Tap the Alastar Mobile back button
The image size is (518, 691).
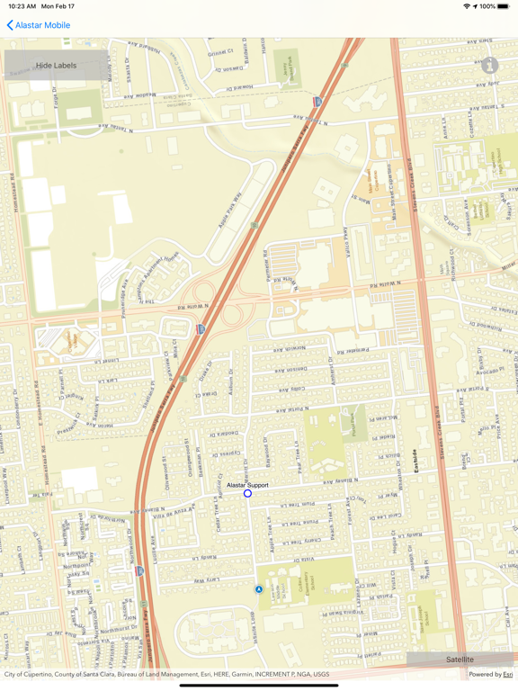point(38,25)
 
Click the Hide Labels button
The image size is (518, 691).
point(56,66)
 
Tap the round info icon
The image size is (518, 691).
point(489,66)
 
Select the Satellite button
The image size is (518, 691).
point(460,660)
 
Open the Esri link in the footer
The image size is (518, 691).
point(508,674)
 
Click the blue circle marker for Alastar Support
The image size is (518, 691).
point(247,493)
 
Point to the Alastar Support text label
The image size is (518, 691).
point(247,485)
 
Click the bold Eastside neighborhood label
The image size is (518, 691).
point(415,462)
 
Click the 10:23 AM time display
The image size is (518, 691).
point(22,6)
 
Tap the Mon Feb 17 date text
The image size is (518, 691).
point(58,6)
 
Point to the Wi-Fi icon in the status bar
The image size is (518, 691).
point(466,6)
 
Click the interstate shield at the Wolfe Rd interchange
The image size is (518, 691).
point(201,329)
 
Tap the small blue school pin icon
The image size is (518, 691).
point(259,589)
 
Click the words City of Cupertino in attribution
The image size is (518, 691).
point(32,674)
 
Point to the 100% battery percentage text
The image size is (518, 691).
point(487,6)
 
